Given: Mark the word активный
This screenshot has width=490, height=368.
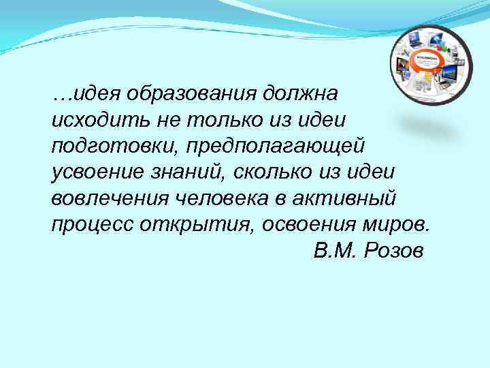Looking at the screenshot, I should coord(358,198).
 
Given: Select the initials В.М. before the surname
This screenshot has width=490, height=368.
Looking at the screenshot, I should coord(334,251).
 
